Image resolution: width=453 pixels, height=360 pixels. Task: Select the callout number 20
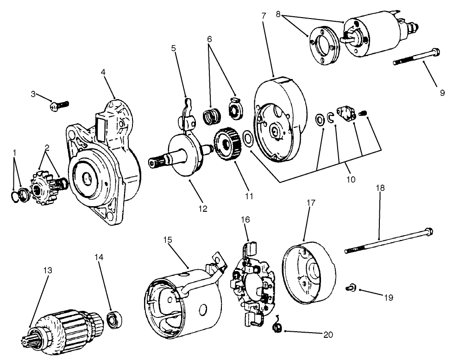(328, 334)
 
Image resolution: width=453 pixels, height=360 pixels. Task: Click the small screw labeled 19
(350, 289)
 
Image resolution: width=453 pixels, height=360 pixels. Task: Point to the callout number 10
(351, 179)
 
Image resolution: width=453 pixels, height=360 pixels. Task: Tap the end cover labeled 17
(308, 273)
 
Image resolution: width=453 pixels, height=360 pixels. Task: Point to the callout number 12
(203, 208)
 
